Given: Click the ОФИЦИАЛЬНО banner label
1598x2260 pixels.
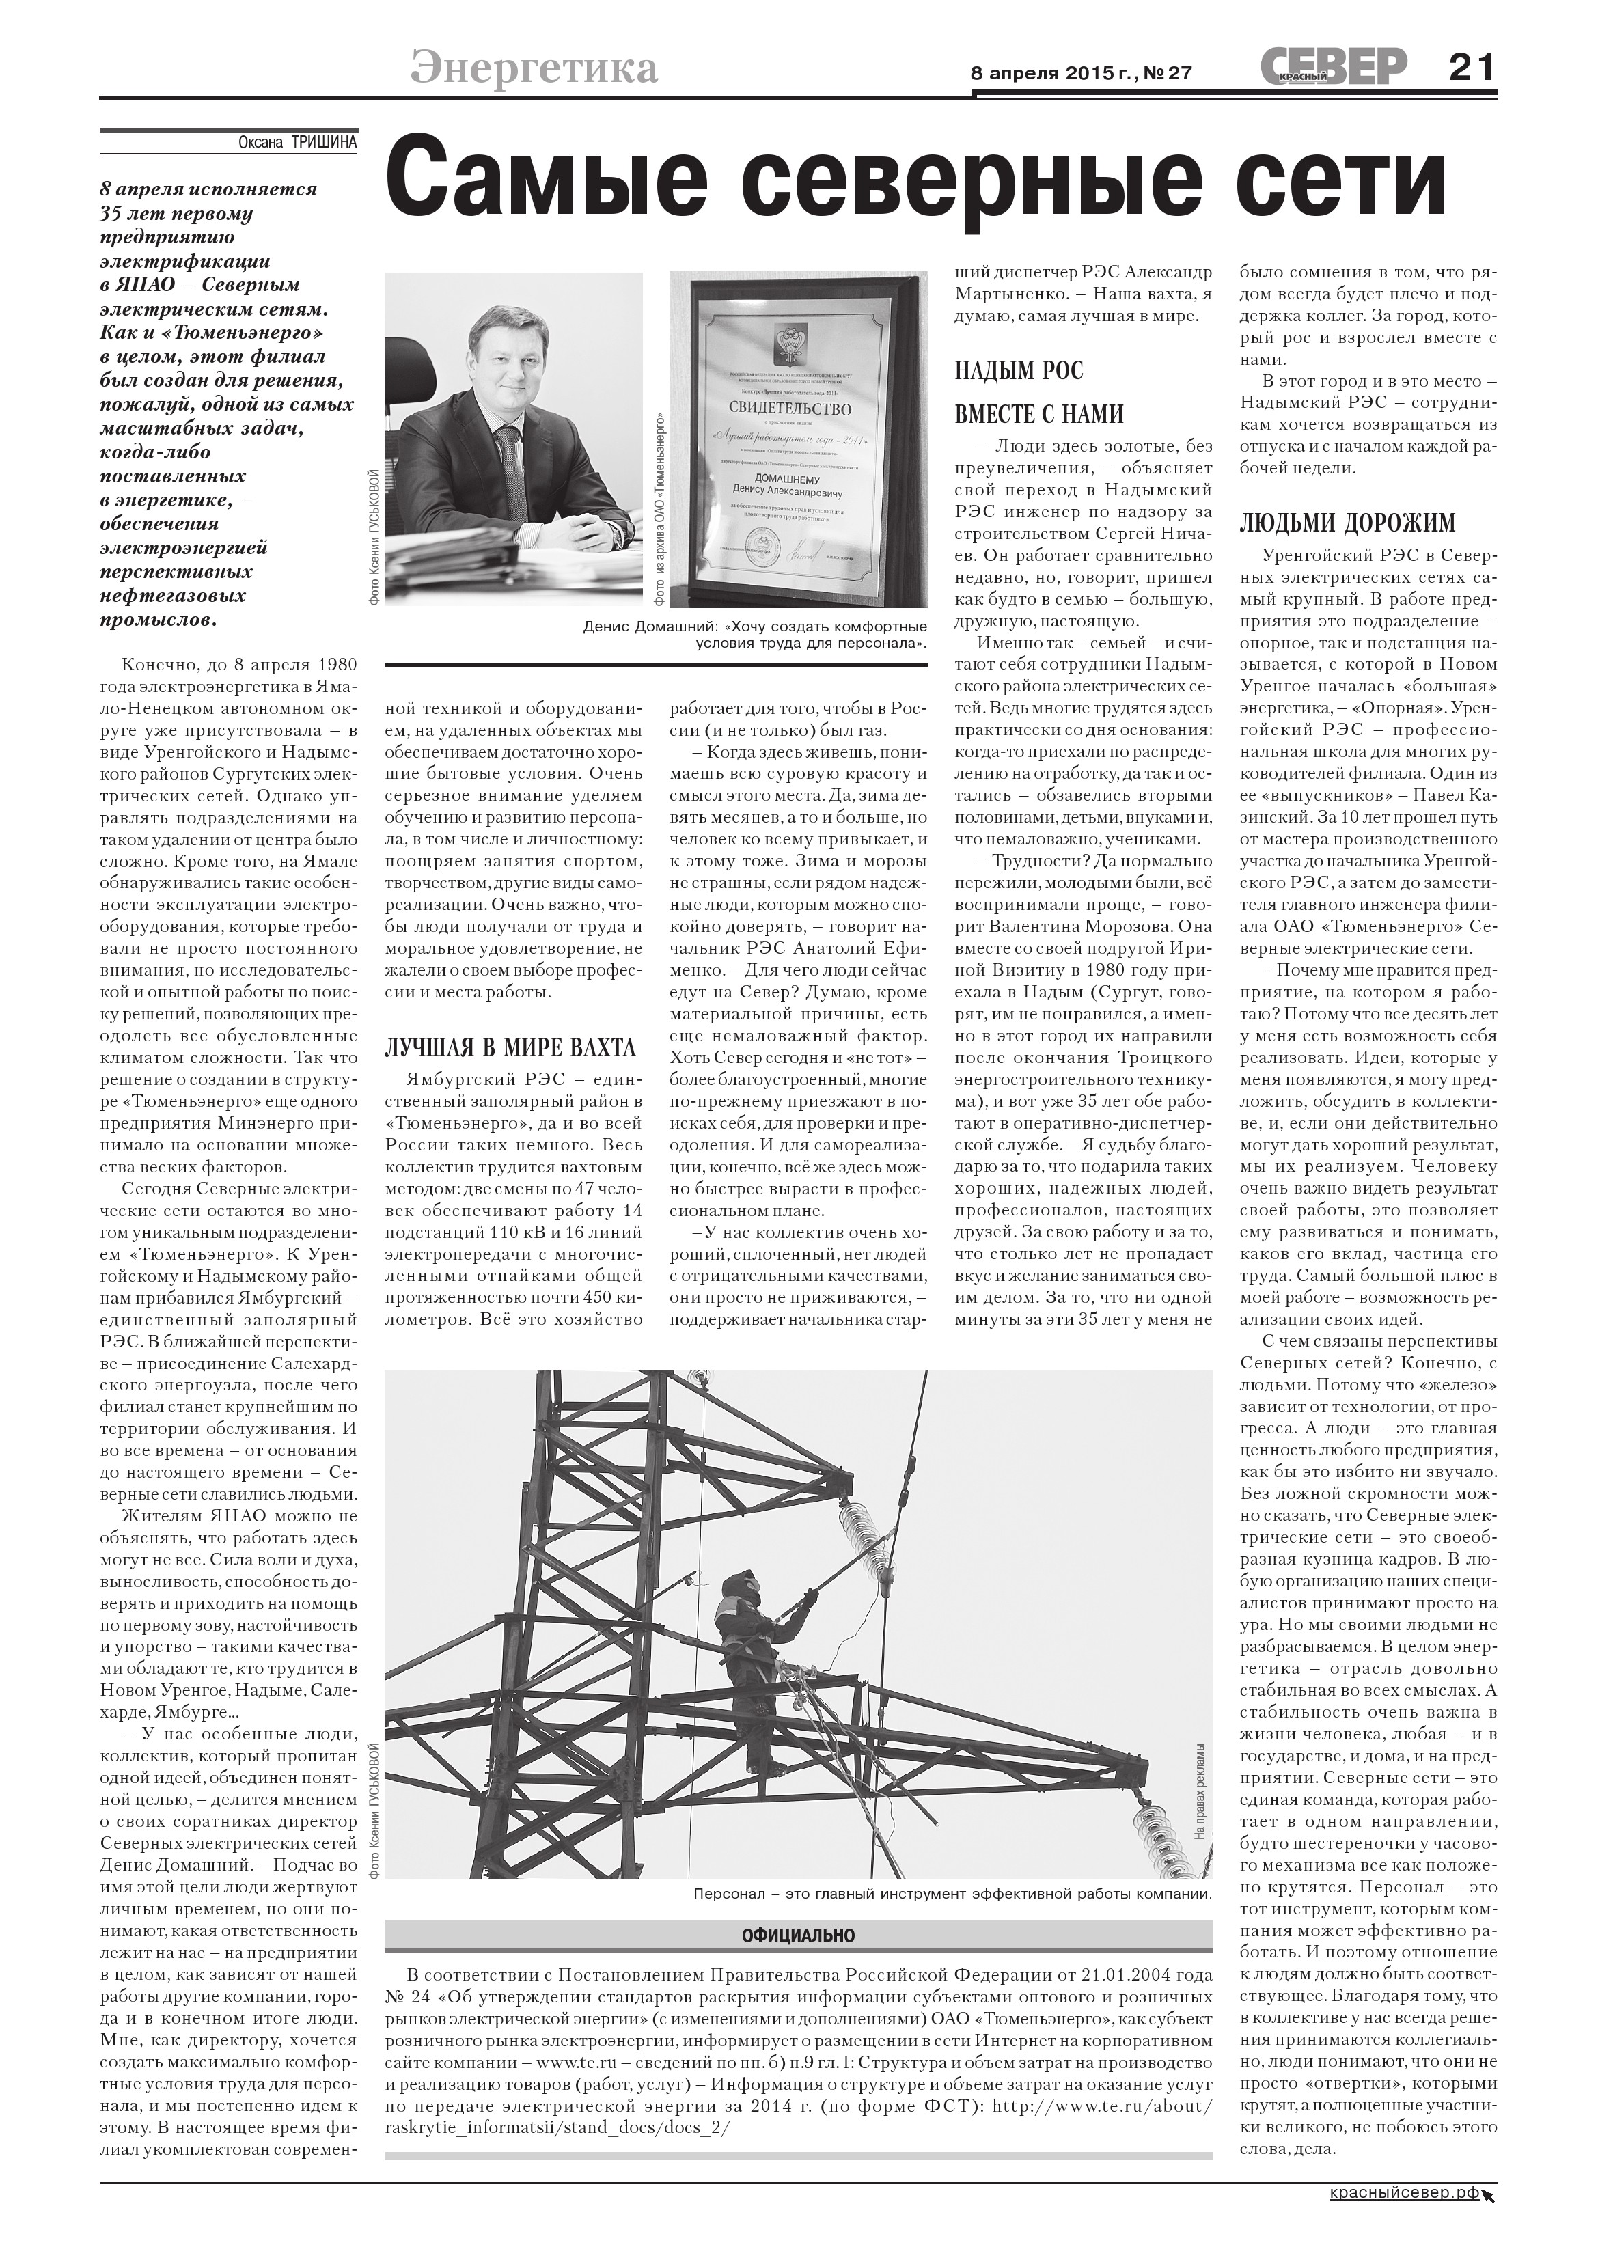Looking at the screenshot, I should pyautogui.click(x=797, y=1936).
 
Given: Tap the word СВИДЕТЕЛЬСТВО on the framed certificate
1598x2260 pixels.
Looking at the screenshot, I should pyautogui.click(x=788, y=406).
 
